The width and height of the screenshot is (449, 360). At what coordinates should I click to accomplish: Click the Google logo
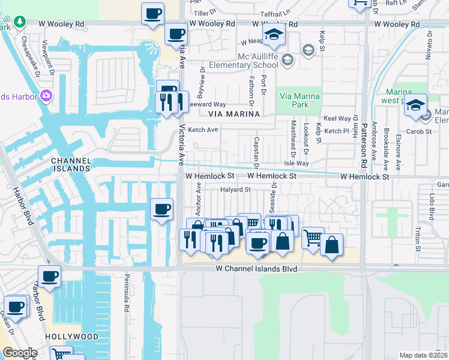click(19, 353)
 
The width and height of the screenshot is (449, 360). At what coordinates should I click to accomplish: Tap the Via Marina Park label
click(298, 100)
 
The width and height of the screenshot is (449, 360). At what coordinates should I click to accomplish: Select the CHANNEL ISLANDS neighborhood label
click(71, 165)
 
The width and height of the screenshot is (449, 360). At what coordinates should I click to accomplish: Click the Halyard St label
click(235, 190)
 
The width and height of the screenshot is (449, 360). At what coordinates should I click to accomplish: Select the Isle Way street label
click(297, 163)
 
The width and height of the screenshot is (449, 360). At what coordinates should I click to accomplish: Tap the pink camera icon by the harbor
click(46, 96)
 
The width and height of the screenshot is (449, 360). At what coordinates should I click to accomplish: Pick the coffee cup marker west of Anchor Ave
click(161, 209)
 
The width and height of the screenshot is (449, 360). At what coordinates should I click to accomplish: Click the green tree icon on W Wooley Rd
click(20, 22)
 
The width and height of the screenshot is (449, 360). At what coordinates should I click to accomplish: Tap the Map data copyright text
click(423, 355)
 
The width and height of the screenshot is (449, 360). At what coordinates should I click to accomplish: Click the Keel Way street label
click(337, 119)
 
